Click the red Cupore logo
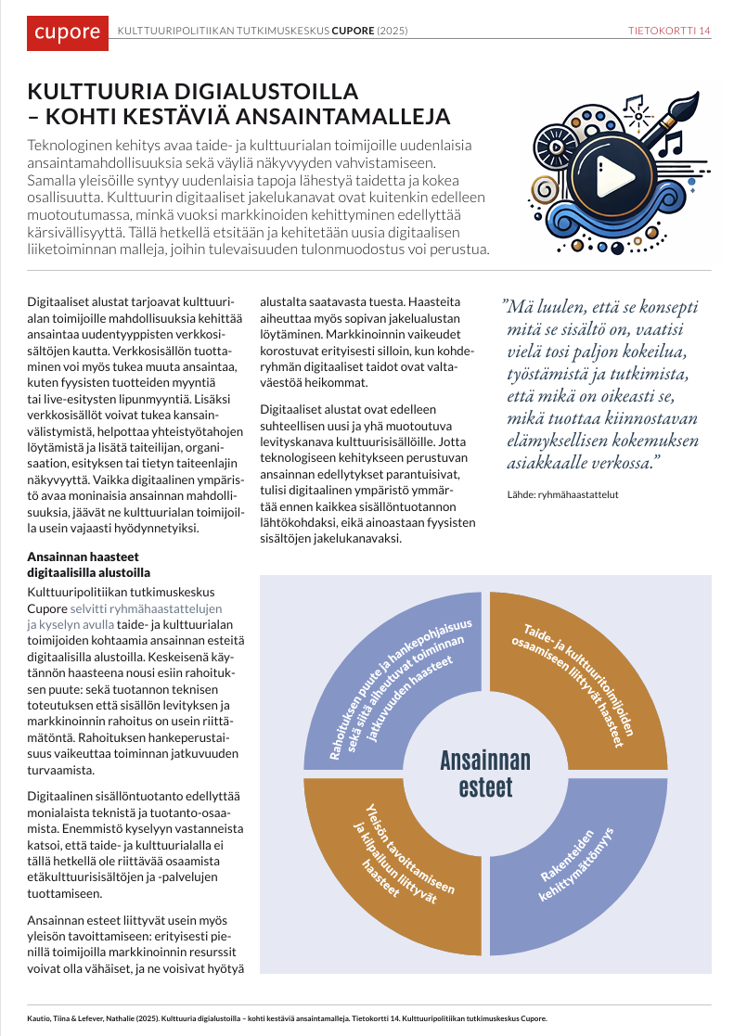coord(67,32)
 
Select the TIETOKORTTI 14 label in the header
coord(669,31)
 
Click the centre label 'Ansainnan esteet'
coord(485,774)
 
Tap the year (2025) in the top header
coord(393,31)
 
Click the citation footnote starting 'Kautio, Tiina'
coord(288,1017)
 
